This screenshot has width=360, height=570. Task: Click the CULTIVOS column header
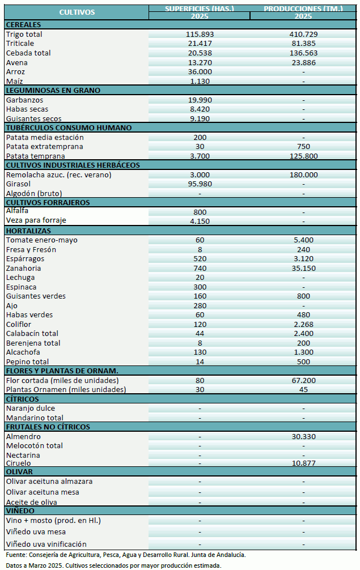pos(77,12)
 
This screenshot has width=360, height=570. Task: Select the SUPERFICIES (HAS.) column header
pos(199,8)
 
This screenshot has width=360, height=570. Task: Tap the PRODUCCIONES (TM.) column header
pos(303,8)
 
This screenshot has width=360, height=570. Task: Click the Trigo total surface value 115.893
pos(200,35)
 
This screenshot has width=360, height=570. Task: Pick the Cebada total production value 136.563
pos(303,53)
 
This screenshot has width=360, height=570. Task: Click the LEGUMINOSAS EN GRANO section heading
pos(53,90)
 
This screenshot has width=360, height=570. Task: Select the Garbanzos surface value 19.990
pos(200,100)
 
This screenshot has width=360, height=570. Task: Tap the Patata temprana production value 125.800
pos(303,156)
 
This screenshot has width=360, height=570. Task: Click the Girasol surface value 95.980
pos(200,184)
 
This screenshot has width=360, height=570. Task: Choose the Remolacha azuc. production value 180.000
pos(303,175)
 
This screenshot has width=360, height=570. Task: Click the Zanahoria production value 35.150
pos(303,268)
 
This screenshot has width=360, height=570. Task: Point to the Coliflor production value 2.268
pos(303,324)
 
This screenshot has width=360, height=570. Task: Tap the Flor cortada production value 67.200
pos(303,380)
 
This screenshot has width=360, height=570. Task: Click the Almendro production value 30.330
pos(303,436)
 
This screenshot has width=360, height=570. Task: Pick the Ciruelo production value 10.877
pos(303,463)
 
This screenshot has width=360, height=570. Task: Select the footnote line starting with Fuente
pos(125,555)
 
